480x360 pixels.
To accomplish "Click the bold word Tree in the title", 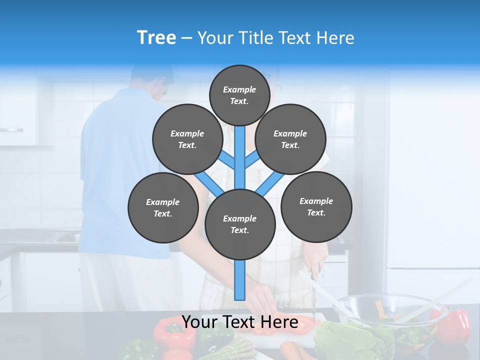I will point(156,38).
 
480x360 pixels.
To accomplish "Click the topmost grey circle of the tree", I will point(239,95).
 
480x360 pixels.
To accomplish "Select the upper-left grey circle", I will point(187,139).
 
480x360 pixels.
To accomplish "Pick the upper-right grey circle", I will point(290,139).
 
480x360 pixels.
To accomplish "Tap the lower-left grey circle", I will point(163,207).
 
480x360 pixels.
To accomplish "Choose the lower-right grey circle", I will point(316,206).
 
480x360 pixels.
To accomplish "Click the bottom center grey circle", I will point(240,224).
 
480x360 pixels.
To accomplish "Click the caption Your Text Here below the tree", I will point(240,322).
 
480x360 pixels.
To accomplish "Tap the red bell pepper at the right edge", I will point(455,325).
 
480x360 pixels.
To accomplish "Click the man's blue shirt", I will point(120,165).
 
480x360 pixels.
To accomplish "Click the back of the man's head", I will point(152,75).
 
